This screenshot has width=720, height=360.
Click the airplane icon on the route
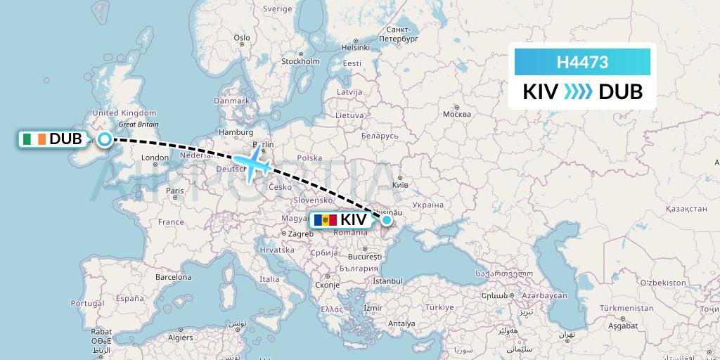point(252,165)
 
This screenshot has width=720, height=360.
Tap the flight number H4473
point(582,63)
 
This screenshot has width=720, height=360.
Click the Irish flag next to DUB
point(32,139)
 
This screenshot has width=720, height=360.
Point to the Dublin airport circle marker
point(105,139)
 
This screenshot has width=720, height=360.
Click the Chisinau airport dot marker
point(386,221)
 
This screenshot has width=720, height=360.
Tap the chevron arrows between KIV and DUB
point(579,92)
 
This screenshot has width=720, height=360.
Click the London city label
point(155,157)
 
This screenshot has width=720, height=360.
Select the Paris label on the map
point(174,191)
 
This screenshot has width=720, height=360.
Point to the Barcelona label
point(174,277)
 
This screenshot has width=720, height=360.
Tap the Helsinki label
point(355,47)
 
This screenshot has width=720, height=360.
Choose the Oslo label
point(241,38)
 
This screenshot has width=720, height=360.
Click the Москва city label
point(456,114)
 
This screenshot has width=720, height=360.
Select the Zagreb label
point(300,233)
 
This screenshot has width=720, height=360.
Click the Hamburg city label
point(236,131)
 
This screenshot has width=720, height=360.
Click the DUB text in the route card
point(620,92)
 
